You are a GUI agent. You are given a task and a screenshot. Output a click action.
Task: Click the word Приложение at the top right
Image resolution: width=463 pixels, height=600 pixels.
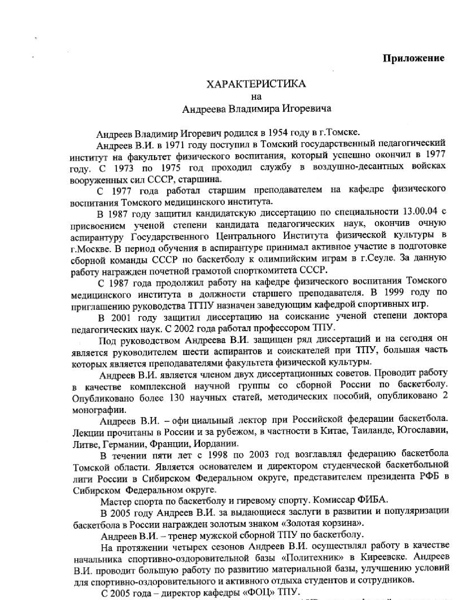tap(414, 59)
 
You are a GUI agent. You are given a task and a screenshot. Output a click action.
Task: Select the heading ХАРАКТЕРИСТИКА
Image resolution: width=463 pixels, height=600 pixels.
tap(256, 84)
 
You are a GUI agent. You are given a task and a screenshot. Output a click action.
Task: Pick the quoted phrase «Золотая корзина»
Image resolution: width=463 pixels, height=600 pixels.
tap(323, 524)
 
